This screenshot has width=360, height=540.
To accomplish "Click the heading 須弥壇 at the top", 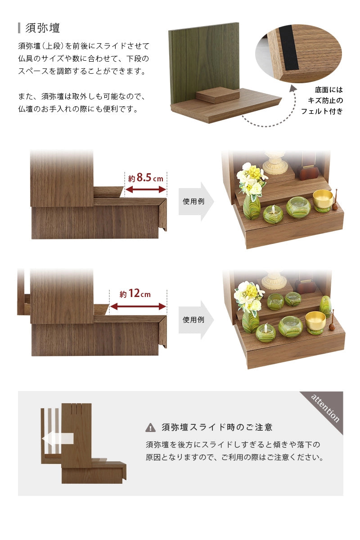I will pos(43,28).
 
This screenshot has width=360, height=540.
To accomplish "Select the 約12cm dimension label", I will pos(135,294).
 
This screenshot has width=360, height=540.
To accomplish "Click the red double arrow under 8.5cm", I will pos(146,190).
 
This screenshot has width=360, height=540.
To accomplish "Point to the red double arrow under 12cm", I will pos(138,306).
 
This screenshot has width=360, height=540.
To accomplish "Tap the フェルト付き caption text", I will pos(322,111).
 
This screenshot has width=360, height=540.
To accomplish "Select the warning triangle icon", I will pos(150,427).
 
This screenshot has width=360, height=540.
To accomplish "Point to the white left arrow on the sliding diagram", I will pos(57,438).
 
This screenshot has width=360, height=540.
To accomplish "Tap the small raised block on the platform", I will pos(218,95).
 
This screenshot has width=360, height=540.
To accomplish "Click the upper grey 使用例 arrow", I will pos(196,202).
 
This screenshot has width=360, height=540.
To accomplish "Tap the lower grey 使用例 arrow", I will pos(196,320).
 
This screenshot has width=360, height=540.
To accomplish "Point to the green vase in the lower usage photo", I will pos(251,320).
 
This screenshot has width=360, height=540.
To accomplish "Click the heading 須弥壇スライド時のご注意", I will pos(217,427).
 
